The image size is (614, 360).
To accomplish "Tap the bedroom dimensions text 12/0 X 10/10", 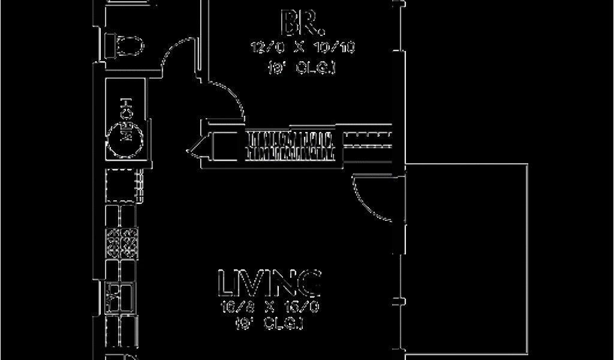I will pyautogui.click(x=303, y=47).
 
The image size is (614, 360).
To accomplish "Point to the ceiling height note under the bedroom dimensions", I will pyautogui.click(x=303, y=68).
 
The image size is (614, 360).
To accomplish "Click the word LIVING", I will pyautogui.click(x=269, y=283).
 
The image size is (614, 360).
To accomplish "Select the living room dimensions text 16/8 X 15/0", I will pyautogui.click(x=269, y=307).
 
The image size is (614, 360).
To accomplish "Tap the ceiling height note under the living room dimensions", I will pyautogui.click(x=269, y=325).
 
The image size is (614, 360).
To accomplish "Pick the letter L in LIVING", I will pyautogui.click(x=226, y=283).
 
